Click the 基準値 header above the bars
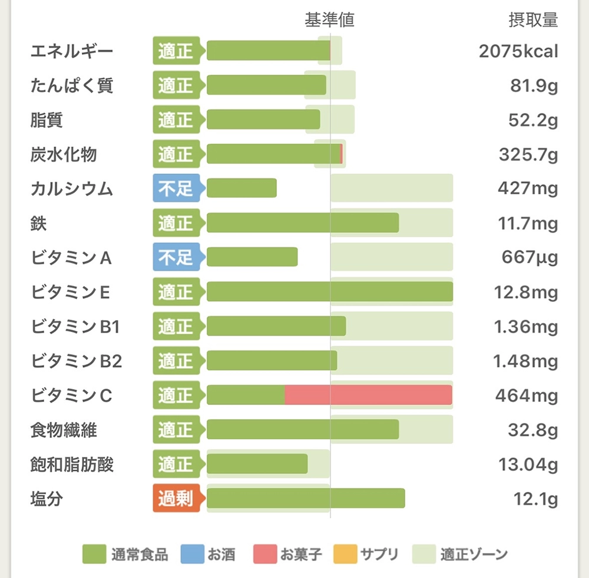pyautogui.click(x=329, y=21)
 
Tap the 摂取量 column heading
pyautogui.click(x=532, y=21)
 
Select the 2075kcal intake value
pyautogui.click(x=518, y=52)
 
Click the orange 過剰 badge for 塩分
pyautogui.click(x=176, y=500)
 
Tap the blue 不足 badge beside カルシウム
pyautogui.click(x=176, y=189)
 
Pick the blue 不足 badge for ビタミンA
pyautogui.click(x=176, y=258)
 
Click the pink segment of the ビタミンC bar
pyautogui.click(x=368, y=395)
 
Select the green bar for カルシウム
pyautogui.click(x=241, y=189)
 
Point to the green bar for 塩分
pyautogui.click(x=306, y=499)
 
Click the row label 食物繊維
pyautogui.click(x=64, y=431)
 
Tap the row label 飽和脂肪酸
pyautogui.click(x=72, y=466)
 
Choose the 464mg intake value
pyautogui.click(x=527, y=396)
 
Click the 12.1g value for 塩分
pyautogui.click(x=535, y=500)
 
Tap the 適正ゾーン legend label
pyautogui.click(x=474, y=554)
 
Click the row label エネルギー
pyautogui.click(x=71, y=52)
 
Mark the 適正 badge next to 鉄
pyautogui.click(x=176, y=224)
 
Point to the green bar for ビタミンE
pyautogui.click(x=330, y=292)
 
